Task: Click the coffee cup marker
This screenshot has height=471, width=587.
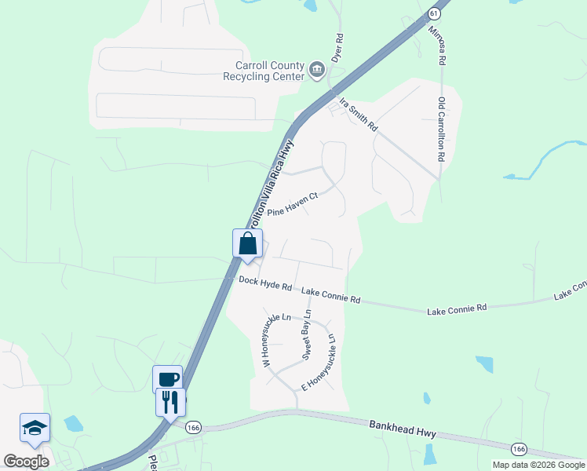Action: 168,378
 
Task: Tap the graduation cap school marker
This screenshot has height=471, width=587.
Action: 35,427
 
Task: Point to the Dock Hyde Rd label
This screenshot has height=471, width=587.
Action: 265,284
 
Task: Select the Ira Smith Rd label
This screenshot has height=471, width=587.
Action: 359,115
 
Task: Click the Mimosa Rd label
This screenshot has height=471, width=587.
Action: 437,46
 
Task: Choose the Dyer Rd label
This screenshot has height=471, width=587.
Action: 338,48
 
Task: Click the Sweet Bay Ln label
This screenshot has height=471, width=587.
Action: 308,335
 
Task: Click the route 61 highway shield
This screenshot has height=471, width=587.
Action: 435,13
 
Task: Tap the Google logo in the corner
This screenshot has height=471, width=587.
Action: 26,461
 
